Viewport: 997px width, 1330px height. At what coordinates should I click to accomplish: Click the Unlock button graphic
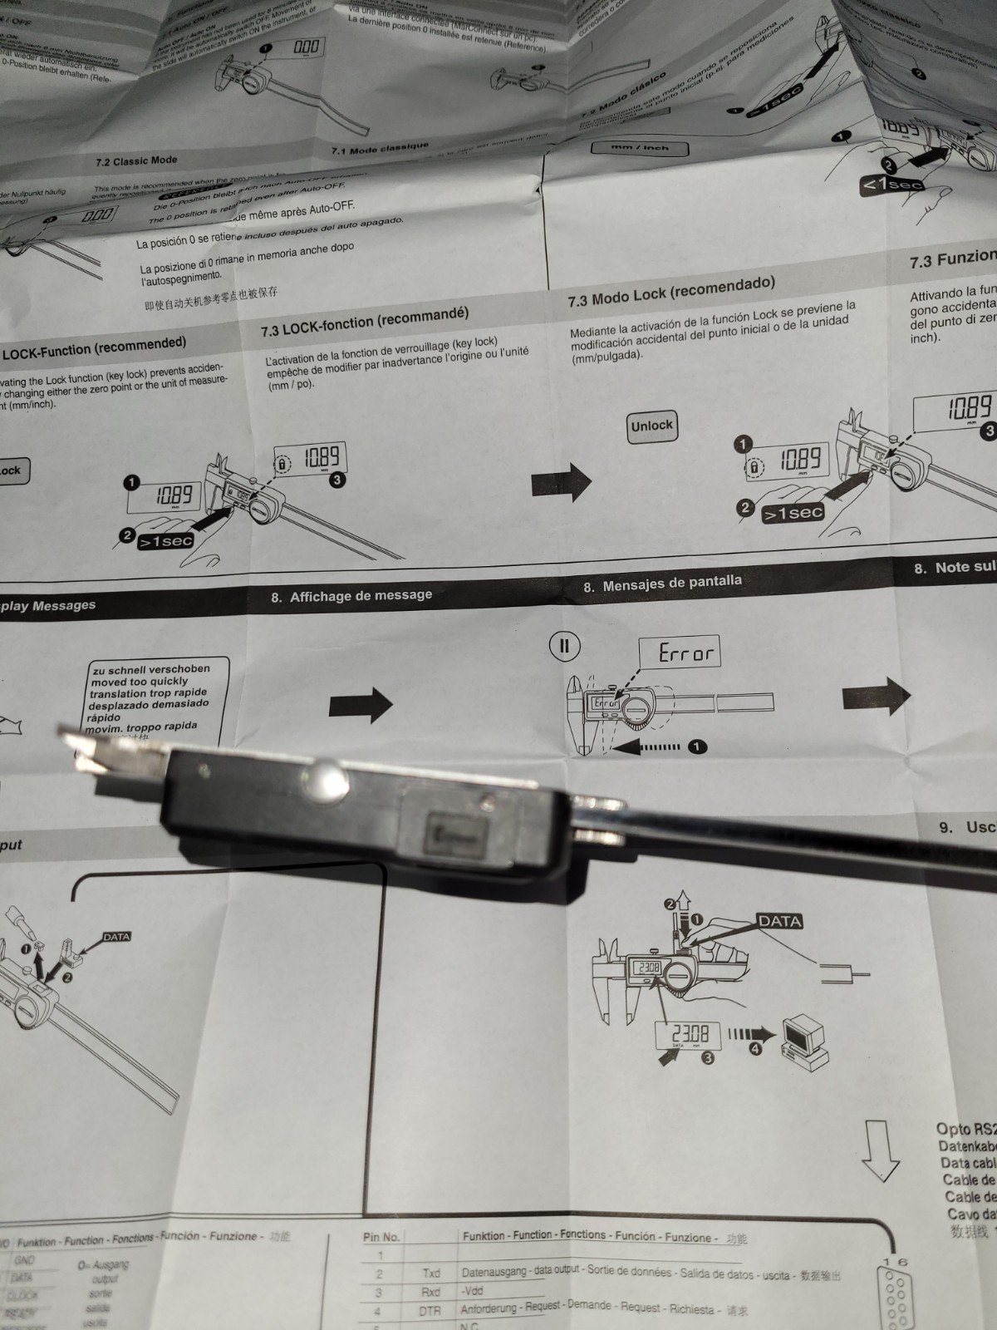click(651, 426)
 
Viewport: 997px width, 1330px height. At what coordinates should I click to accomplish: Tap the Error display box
click(679, 652)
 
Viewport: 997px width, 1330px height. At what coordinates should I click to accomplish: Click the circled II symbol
click(564, 646)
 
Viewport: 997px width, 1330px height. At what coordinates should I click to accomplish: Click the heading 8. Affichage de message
click(351, 596)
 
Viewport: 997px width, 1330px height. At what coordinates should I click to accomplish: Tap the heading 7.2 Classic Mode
click(136, 161)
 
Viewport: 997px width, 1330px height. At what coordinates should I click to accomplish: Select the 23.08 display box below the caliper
click(690, 1035)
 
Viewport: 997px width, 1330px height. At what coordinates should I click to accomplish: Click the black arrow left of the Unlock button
click(562, 480)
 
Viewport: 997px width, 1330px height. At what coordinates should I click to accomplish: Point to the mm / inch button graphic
click(640, 148)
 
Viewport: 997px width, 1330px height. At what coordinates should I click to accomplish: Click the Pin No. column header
click(381, 1237)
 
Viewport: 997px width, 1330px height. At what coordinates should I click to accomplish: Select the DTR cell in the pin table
click(430, 1311)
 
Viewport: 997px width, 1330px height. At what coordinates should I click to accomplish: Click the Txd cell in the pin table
click(431, 1273)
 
